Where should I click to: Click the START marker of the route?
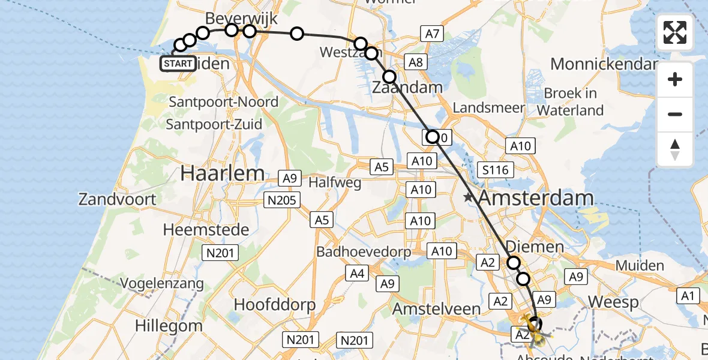pyautogui.click(x=178, y=64)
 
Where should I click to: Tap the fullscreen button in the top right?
pyautogui.click(x=675, y=32)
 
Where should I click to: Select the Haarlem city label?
pyautogui.click(x=223, y=173)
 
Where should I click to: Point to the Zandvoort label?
pyautogui.click(x=118, y=199)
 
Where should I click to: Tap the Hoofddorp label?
pyautogui.click(x=274, y=304)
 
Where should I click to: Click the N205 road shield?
pyautogui.click(x=282, y=200)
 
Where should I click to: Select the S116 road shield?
pyautogui.click(x=495, y=170)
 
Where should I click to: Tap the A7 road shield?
pyautogui.click(x=432, y=34)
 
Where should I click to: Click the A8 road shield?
pyautogui.click(x=416, y=61)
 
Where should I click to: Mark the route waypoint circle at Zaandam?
pyautogui.click(x=389, y=77)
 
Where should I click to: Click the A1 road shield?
pyautogui.click(x=688, y=295)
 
